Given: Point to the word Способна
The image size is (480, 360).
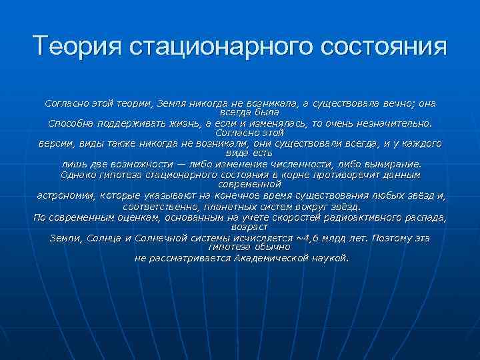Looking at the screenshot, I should [x=70, y=123].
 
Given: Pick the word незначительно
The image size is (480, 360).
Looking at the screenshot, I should [x=394, y=123].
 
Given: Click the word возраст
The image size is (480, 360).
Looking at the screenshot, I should [x=240, y=227].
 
